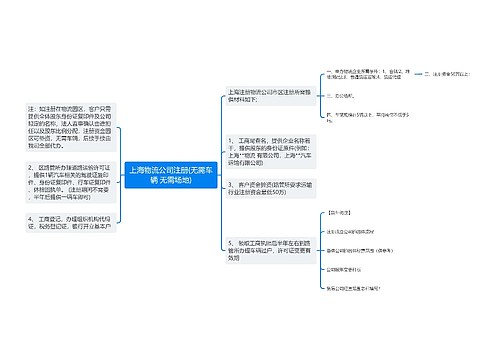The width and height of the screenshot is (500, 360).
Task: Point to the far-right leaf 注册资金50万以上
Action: [455, 74]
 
